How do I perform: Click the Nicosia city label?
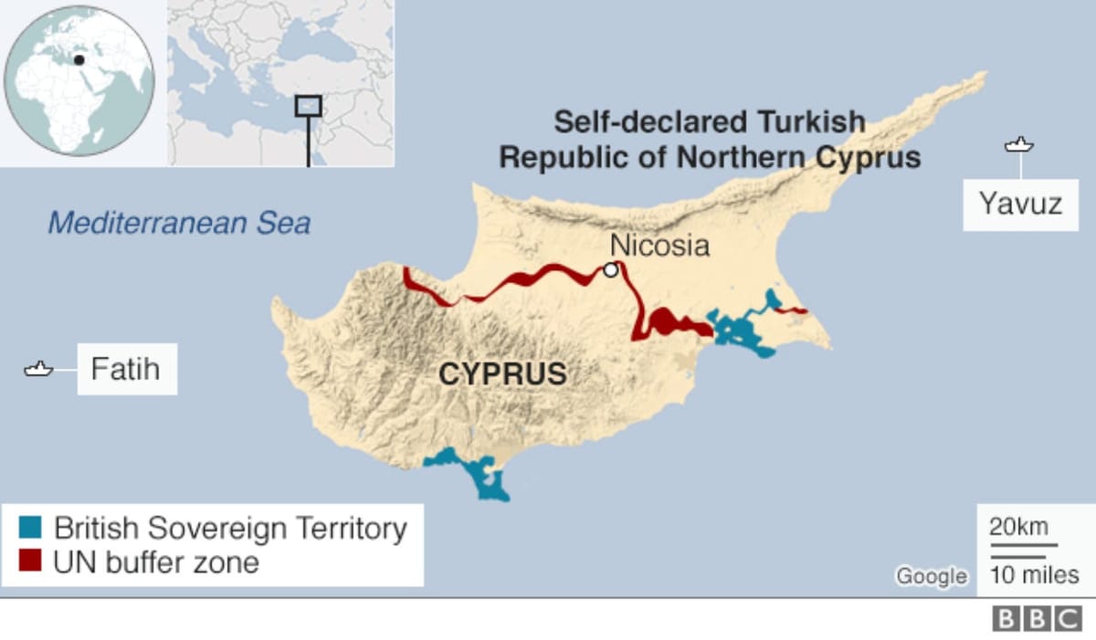click(x=659, y=245)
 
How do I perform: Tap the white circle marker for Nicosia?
click(x=610, y=270)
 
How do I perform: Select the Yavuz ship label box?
click(x=1020, y=203)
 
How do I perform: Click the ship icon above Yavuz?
click(x=1018, y=145)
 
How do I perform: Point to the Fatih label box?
click(x=126, y=369)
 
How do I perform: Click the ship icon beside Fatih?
click(x=38, y=370)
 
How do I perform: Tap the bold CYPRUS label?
click(x=502, y=373)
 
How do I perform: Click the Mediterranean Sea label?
click(x=179, y=223)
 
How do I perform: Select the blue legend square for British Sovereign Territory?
click(x=30, y=528)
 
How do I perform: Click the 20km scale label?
click(x=1018, y=527)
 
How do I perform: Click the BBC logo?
click(x=1037, y=619)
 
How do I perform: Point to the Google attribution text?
click(x=931, y=576)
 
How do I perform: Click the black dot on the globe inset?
click(x=79, y=60)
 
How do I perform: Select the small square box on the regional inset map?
click(x=308, y=105)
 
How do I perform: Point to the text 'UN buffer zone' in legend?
click(x=155, y=561)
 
